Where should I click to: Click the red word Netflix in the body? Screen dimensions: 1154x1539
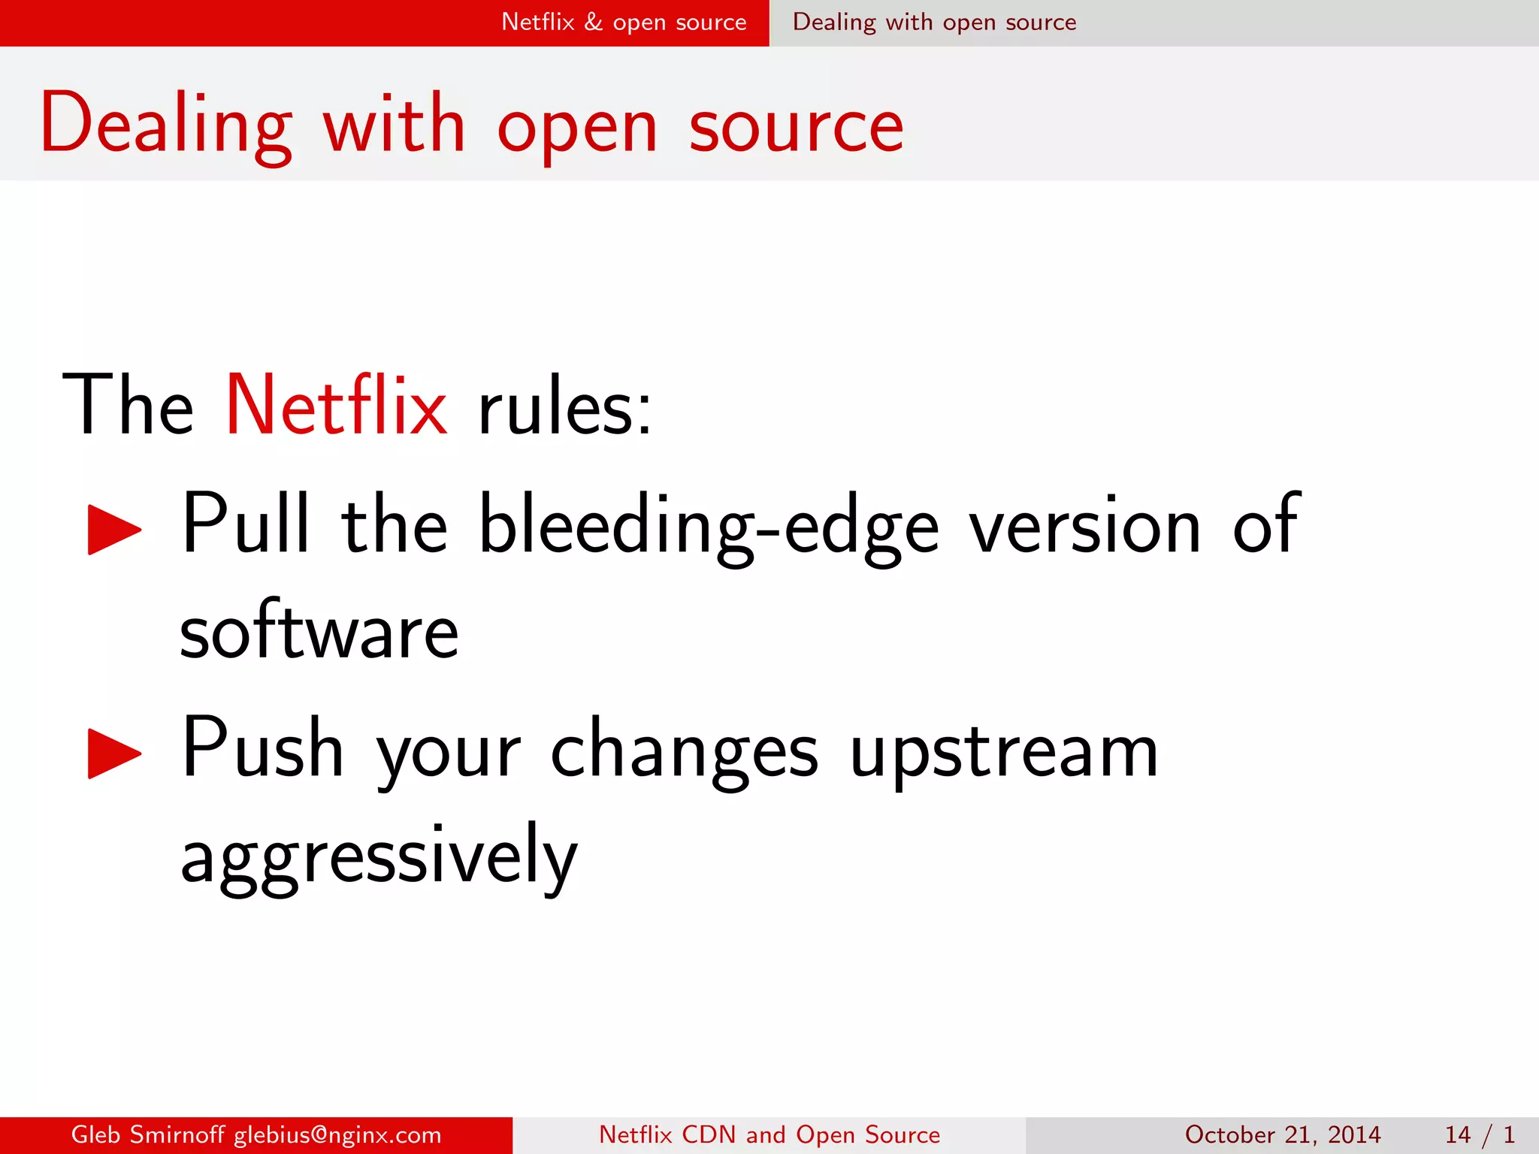[x=336, y=406]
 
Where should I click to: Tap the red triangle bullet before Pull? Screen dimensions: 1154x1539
[x=113, y=529]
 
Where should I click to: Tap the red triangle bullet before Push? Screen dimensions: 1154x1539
[x=113, y=753]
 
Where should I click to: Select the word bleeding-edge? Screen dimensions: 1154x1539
[x=708, y=526]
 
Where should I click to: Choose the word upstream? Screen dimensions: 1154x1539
[x=1004, y=751]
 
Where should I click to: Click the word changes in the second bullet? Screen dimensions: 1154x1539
[x=684, y=751]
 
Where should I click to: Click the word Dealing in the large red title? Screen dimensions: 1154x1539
[x=166, y=124]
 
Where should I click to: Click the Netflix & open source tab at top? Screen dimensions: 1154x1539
[x=624, y=23]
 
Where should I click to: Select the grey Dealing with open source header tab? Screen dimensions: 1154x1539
[x=934, y=23]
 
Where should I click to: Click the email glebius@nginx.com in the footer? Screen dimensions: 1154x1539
[x=337, y=1134]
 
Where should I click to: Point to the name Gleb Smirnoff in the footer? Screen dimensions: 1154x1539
[x=147, y=1134]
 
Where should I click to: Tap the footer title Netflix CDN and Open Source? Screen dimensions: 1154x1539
[x=769, y=1134]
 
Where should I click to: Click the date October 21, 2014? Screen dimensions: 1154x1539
[x=1283, y=1134]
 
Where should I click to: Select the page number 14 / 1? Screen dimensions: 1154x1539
[x=1479, y=1134]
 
